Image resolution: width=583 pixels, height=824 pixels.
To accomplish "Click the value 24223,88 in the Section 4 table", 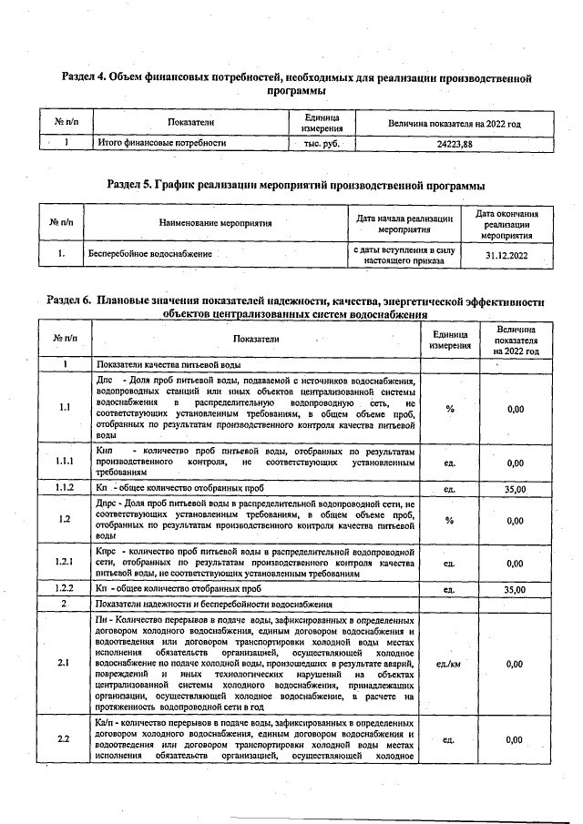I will pyautogui.click(x=455, y=144).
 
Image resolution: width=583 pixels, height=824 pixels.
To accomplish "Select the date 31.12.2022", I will pyautogui.click(x=507, y=255).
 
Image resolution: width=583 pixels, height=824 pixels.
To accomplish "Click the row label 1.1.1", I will pyautogui.click(x=65, y=463).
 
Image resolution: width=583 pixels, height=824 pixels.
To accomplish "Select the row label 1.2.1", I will pyautogui.click(x=65, y=562).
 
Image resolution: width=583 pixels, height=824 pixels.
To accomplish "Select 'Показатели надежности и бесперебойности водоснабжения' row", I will pyautogui.click(x=214, y=605).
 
